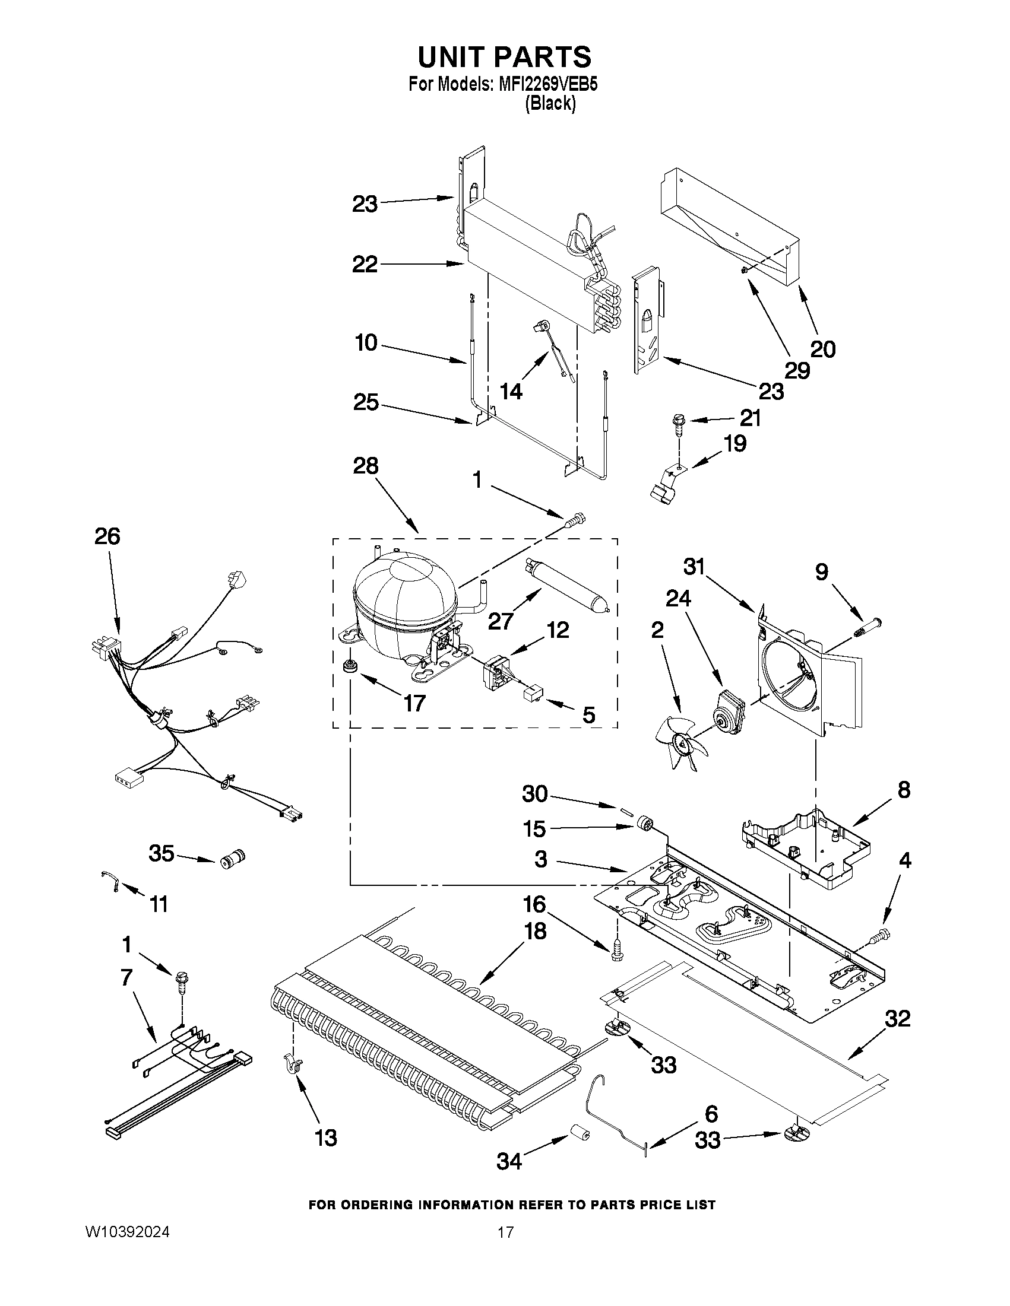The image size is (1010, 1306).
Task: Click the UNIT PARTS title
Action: (504, 57)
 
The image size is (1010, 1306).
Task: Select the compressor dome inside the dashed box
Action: (402, 604)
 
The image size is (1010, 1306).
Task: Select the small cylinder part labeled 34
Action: (578, 1133)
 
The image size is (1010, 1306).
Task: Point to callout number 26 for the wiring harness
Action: (107, 536)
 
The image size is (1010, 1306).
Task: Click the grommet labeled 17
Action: (347, 666)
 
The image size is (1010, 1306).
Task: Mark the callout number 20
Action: (823, 349)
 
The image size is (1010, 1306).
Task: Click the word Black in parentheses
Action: (550, 104)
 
